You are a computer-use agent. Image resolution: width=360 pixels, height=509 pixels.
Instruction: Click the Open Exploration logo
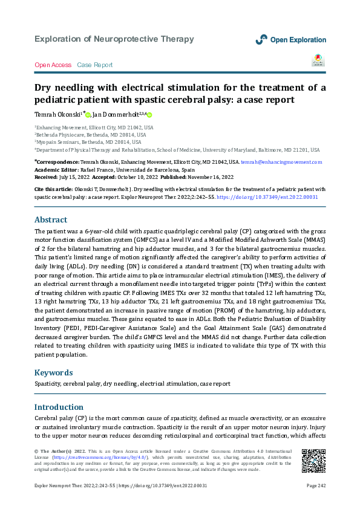pos(290,39)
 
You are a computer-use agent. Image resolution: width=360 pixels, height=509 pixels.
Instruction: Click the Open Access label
pos(53,65)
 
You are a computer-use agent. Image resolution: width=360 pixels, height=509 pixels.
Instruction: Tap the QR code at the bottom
pos(313,461)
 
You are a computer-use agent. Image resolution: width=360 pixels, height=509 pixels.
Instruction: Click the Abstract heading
pos(51,219)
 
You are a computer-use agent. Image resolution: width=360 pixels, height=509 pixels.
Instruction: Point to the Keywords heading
pos(54,372)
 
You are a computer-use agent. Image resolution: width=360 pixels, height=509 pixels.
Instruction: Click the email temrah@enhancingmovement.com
pos(281,163)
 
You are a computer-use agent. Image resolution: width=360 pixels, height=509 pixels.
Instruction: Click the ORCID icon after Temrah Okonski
pos(88,115)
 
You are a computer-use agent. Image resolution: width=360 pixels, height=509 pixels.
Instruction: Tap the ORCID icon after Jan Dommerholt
pos(149,115)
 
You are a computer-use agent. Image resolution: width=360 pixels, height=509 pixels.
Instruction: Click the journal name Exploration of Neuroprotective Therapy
pos(114,39)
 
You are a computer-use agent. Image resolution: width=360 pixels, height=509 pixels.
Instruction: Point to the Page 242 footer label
pos(316,485)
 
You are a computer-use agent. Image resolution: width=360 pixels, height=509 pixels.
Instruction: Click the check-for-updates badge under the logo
pos(318,60)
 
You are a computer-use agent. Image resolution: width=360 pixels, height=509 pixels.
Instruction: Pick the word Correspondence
pos(57,163)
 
